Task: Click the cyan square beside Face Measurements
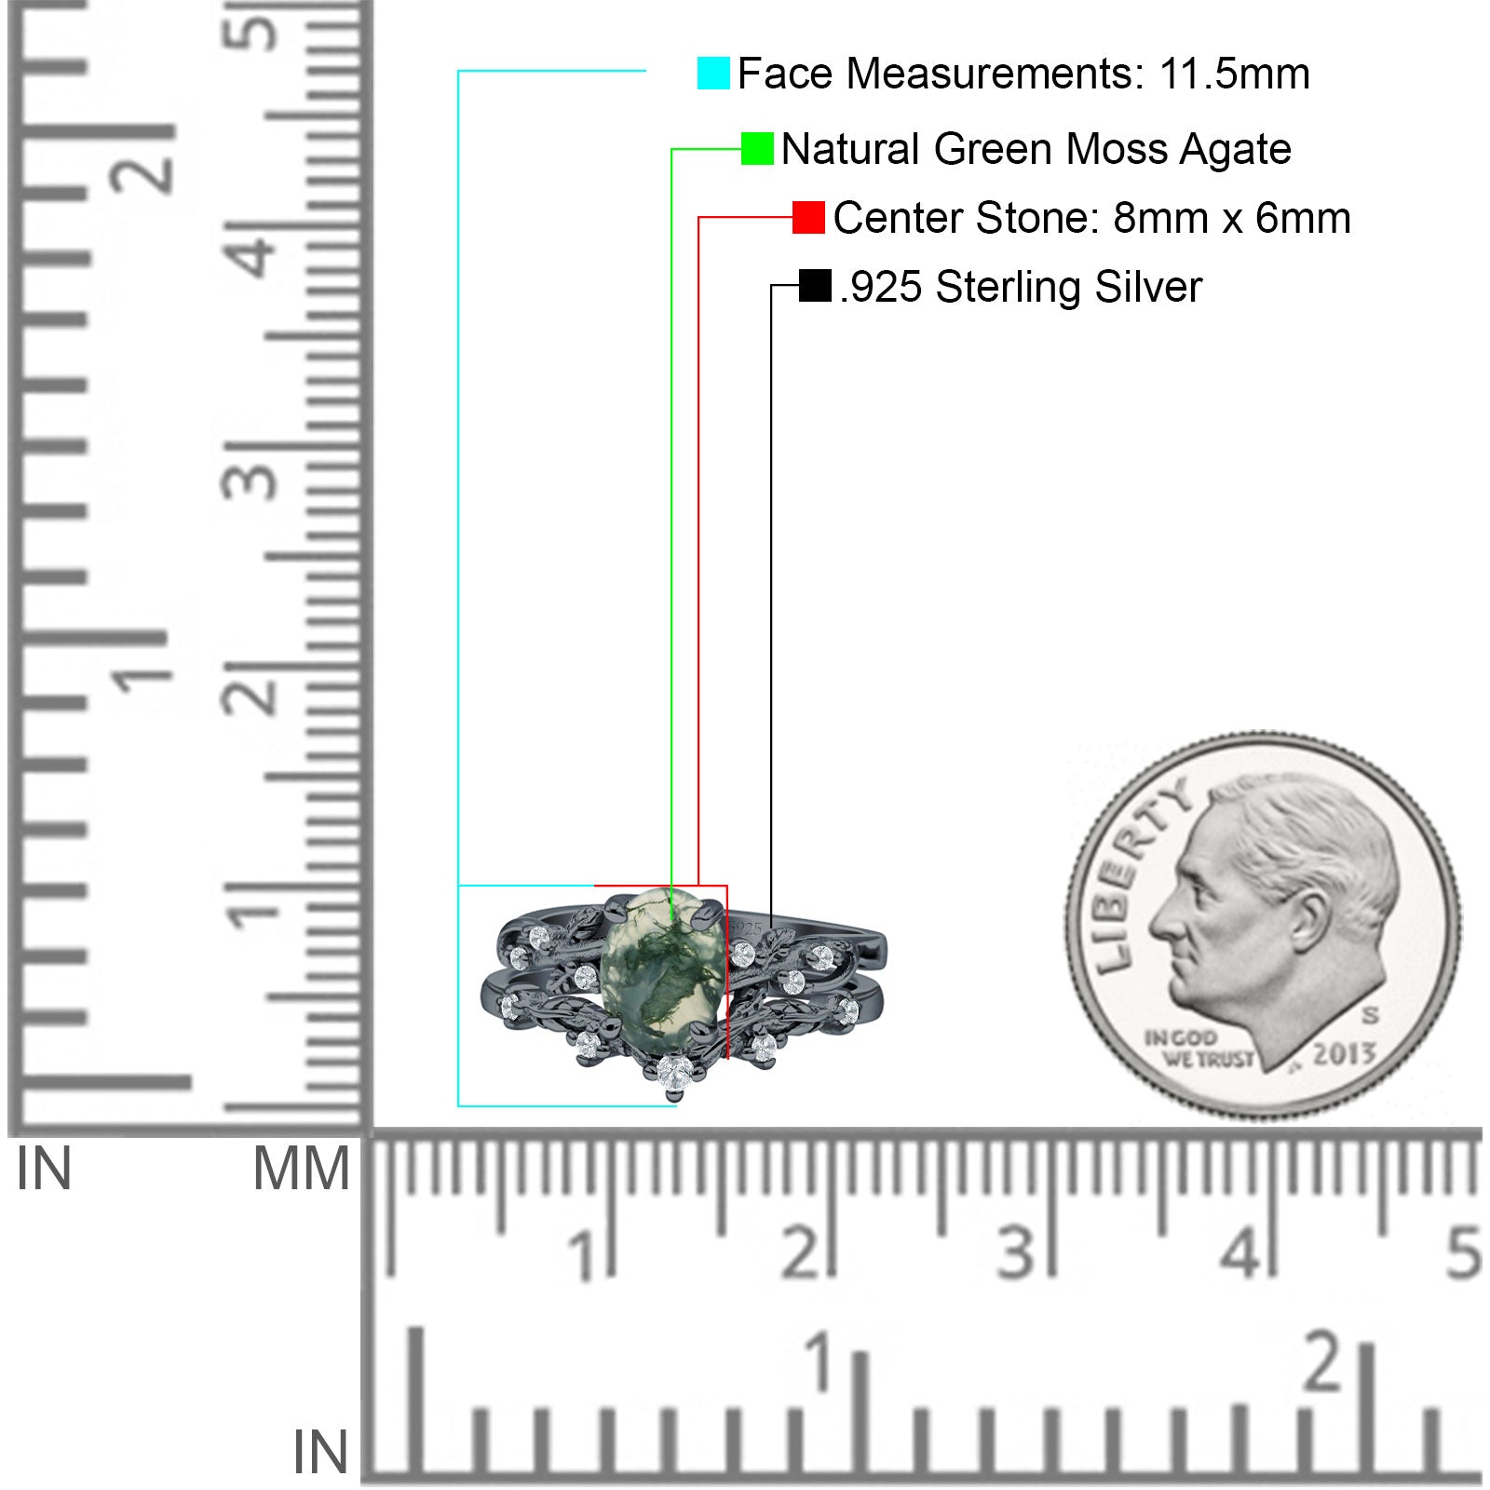713,74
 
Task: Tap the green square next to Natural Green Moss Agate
757,149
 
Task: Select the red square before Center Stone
808,218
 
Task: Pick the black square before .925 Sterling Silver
815,286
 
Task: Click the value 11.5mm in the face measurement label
1235,74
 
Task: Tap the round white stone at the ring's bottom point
673,1072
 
